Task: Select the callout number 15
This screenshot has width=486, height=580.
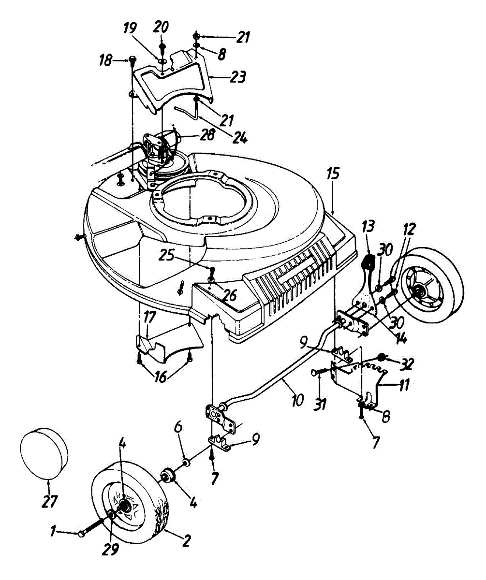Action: click(x=333, y=173)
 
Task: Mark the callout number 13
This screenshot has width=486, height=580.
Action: click(x=368, y=226)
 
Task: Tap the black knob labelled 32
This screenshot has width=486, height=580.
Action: click(x=383, y=357)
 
